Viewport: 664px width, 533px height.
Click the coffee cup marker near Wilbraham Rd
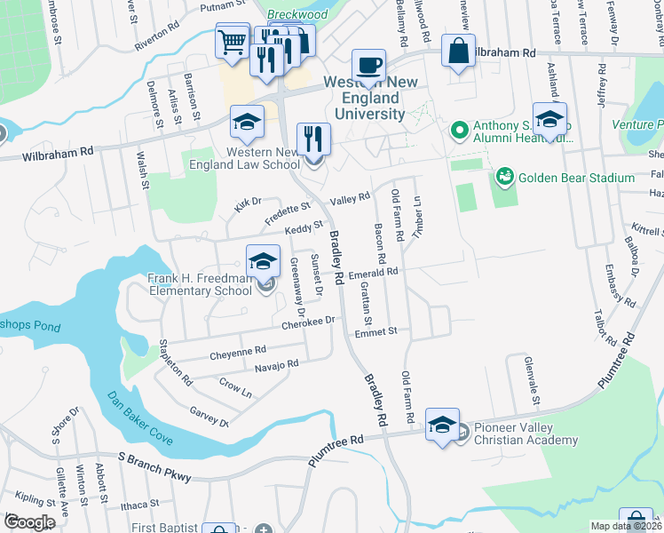(x=368, y=65)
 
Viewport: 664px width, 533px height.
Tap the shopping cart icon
(x=232, y=41)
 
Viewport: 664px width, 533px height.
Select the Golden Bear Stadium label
(x=577, y=178)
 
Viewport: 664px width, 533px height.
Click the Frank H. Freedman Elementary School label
(x=200, y=284)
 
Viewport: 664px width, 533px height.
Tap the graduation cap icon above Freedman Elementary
(x=263, y=260)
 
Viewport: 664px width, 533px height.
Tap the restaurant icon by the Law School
(x=313, y=139)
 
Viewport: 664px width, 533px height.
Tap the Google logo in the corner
(x=29, y=521)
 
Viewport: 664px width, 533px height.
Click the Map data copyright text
(x=626, y=526)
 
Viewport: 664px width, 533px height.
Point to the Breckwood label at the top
(x=297, y=15)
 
